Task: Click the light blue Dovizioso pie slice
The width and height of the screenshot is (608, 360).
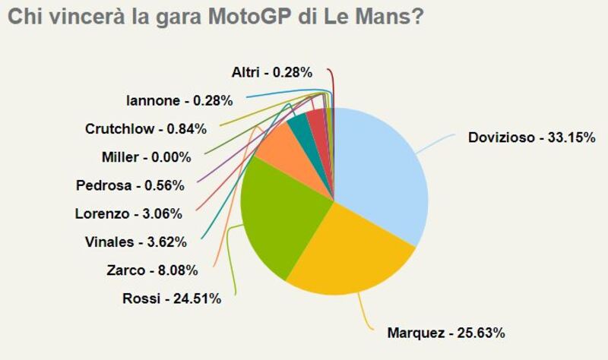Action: click(380, 175)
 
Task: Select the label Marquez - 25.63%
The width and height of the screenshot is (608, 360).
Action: click(446, 332)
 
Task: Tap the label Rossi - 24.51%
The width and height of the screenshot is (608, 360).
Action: click(172, 298)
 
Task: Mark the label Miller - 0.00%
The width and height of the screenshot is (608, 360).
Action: click(146, 157)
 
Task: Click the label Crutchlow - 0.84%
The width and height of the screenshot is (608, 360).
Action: click(146, 128)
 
